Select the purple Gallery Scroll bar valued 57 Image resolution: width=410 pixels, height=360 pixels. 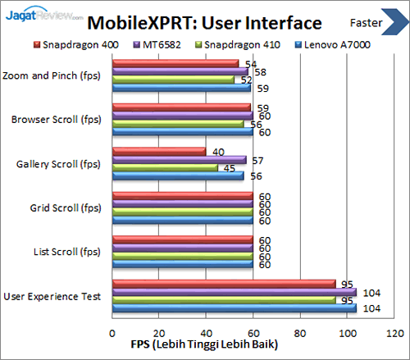[x=178, y=160]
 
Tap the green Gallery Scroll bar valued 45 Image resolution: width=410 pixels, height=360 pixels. [x=164, y=168]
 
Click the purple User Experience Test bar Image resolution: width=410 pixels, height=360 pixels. [x=234, y=293]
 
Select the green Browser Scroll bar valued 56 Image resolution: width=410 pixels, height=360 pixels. [x=177, y=124]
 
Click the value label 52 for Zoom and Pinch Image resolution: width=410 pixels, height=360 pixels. [x=246, y=80]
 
